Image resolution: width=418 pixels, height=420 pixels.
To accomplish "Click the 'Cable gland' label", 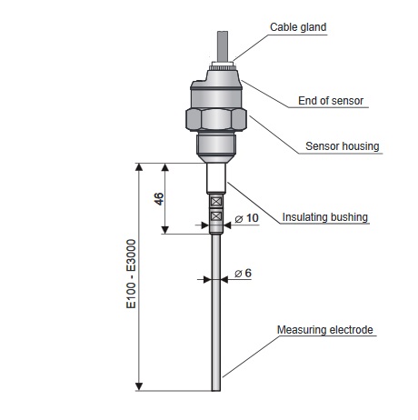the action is click(x=298, y=27).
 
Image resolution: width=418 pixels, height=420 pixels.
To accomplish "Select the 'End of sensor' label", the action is click(x=331, y=101).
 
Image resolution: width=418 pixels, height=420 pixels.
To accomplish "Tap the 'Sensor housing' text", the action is click(x=343, y=146).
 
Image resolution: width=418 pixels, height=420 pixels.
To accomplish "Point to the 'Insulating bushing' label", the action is click(x=325, y=217).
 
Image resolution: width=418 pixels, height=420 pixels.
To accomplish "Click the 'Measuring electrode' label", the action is click(x=325, y=330).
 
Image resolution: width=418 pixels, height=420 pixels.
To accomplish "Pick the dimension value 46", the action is click(x=159, y=199).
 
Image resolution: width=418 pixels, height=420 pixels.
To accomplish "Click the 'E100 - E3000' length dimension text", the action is click(x=131, y=274).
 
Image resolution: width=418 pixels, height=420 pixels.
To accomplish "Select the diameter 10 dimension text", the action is click(x=247, y=218).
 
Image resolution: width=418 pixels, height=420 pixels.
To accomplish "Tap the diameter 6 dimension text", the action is click(x=244, y=273).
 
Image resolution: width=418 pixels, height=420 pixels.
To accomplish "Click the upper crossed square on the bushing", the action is click(x=216, y=201).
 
